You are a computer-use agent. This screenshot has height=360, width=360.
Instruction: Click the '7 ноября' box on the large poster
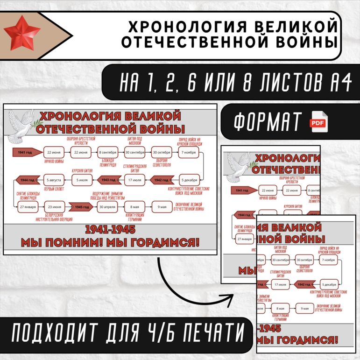click(x=188, y=153)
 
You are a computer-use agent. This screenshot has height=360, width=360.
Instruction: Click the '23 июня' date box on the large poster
click(x=54, y=207)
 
